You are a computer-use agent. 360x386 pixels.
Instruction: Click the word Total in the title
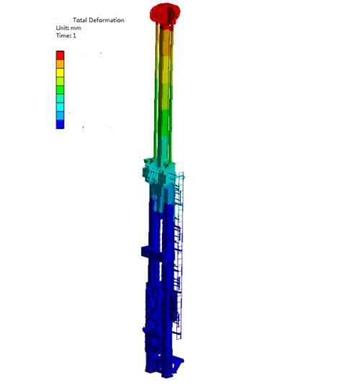[80, 20]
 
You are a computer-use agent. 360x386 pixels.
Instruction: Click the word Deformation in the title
[107, 20]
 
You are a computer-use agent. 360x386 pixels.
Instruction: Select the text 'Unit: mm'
[68, 28]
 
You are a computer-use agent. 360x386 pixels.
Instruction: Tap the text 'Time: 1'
[66, 36]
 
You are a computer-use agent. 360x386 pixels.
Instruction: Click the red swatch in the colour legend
[60, 55]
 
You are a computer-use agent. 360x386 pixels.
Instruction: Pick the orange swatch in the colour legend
[60, 64]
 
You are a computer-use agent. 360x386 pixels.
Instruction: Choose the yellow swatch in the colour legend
[60, 73]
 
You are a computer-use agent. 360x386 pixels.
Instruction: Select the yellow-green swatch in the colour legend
[60, 81]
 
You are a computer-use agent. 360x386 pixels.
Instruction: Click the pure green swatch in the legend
[60, 90]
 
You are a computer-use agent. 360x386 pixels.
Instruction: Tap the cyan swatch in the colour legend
[60, 107]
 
